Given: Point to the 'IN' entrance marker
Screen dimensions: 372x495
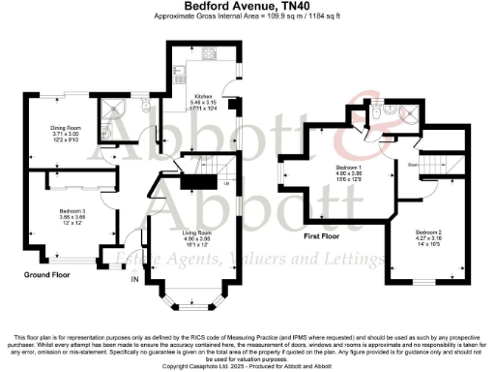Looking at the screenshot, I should (134, 280).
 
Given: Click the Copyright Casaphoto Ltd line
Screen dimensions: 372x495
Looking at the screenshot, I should (247, 366).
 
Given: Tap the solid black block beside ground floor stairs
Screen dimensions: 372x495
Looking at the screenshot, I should (200, 180).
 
